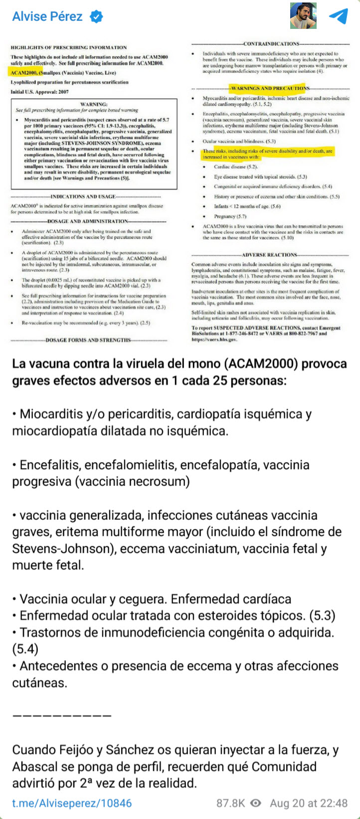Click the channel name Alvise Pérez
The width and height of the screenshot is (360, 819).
click(x=47, y=16)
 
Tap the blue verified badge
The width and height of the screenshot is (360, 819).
click(x=96, y=16)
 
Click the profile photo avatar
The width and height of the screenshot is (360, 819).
click(x=303, y=16)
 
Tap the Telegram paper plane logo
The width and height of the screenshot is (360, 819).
click(x=339, y=16)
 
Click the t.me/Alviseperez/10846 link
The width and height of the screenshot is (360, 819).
click(x=72, y=803)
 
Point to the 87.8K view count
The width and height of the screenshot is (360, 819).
click(x=230, y=803)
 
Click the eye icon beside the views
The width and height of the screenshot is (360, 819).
click(x=256, y=803)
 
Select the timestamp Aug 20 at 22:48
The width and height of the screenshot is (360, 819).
click(x=309, y=803)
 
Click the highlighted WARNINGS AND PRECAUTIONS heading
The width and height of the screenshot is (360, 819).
click(x=269, y=88)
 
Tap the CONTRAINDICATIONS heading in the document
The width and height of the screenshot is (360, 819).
click(x=271, y=44)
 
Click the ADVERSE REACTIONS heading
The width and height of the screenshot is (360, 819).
click(x=270, y=255)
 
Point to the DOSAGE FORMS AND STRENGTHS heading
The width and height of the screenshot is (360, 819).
click(x=88, y=340)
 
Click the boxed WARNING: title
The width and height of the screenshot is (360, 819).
click(x=94, y=104)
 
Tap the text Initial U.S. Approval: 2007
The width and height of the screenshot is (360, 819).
click(x=40, y=92)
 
